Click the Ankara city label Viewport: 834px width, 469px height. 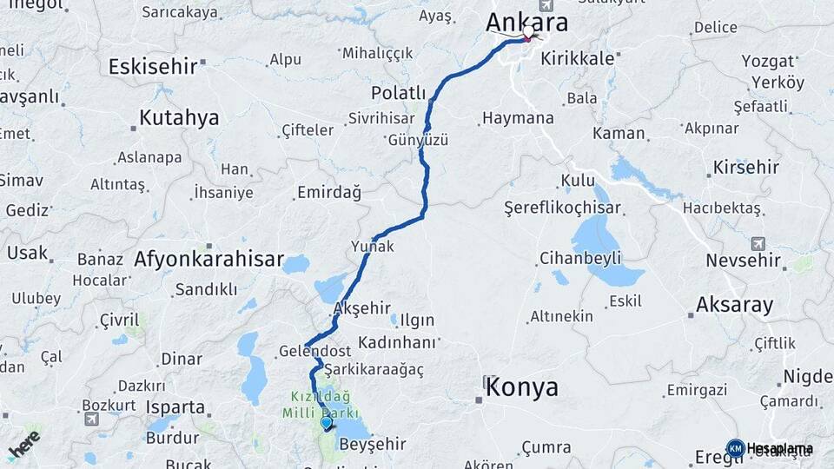(x=527, y=22)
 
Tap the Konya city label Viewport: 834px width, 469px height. (x=521, y=387)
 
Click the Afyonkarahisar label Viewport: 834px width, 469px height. (x=208, y=259)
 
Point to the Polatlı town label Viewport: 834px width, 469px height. (x=398, y=93)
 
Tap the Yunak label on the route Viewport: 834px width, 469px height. (x=372, y=246)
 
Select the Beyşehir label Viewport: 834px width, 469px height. (x=371, y=444)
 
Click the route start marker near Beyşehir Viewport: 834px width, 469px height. (x=326, y=423)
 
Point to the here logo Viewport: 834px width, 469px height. (x=23, y=443)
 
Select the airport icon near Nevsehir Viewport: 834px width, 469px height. (x=759, y=243)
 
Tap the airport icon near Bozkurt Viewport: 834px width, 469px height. (x=92, y=419)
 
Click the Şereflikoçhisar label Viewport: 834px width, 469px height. (x=562, y=208)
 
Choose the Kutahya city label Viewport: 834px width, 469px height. (x=179, y=118)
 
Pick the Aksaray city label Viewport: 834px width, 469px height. (x=734, y=304)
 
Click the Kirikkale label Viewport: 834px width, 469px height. (x=577, y=58)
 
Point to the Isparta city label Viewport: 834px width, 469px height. (x=175, y=406)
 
